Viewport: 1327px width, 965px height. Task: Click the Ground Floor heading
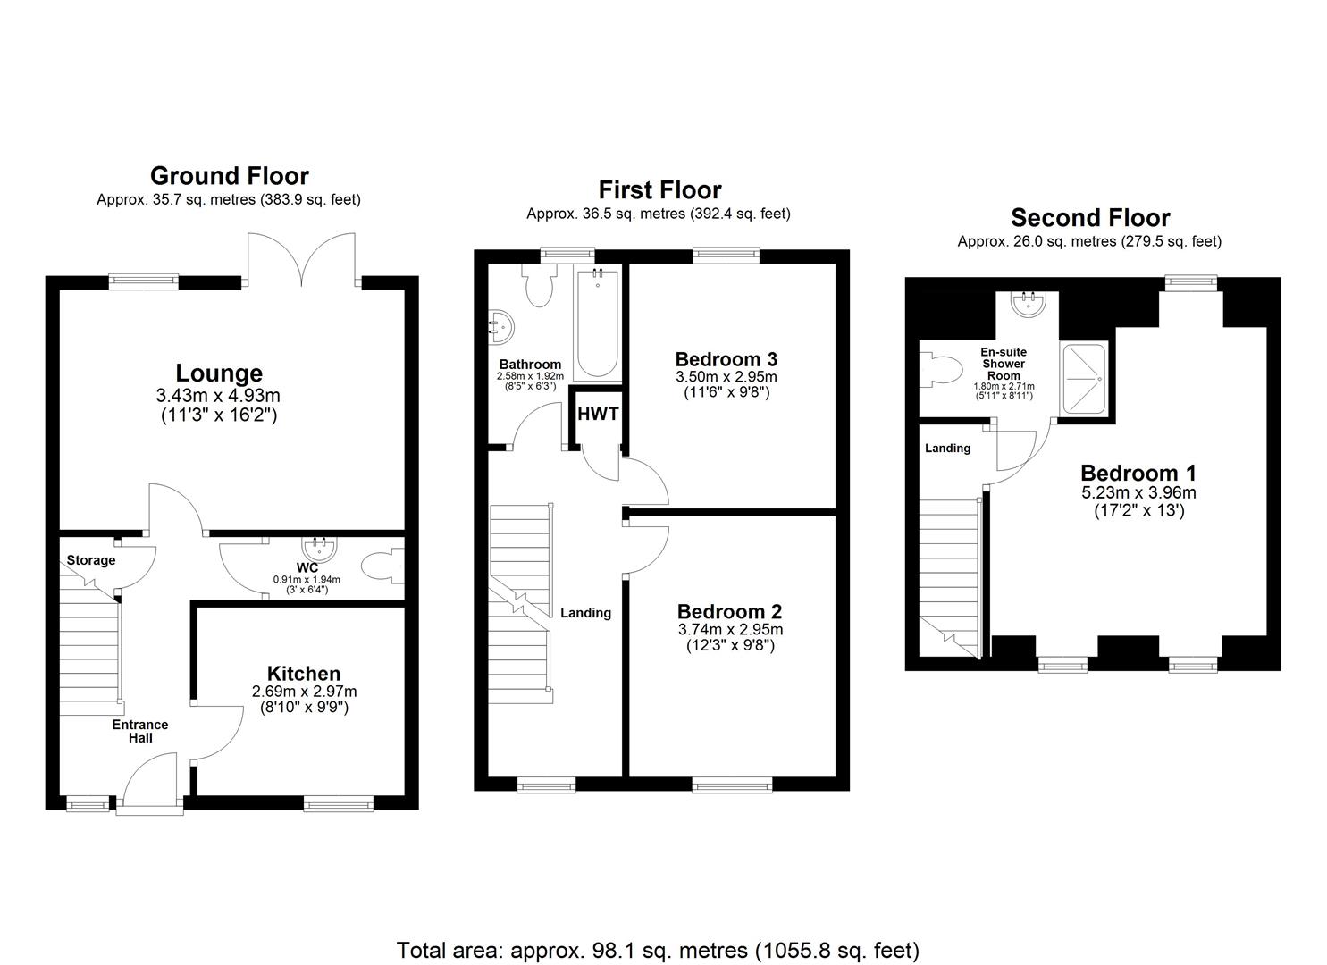(229, 175)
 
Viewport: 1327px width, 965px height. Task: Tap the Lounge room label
(219, 373)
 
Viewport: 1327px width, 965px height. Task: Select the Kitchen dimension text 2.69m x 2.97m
(304, 692)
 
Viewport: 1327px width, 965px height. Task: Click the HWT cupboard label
(598, 414)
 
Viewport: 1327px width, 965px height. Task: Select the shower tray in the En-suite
(1083, 379)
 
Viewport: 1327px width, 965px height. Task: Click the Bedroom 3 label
(726, 359)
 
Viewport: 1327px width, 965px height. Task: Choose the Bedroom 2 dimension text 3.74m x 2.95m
(729, 629)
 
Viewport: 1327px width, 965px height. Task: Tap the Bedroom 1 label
(1138, 473)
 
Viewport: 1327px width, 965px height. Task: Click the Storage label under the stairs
(91, 560)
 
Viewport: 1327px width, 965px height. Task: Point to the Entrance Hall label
(140, 731)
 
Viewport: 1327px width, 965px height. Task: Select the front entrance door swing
(150, 781)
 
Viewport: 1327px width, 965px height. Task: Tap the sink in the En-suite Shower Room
(1028, 305)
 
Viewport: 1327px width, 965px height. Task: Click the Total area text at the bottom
(658, 950)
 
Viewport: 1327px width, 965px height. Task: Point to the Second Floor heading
(1089, 217)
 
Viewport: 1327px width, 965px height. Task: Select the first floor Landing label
(585, 613)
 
